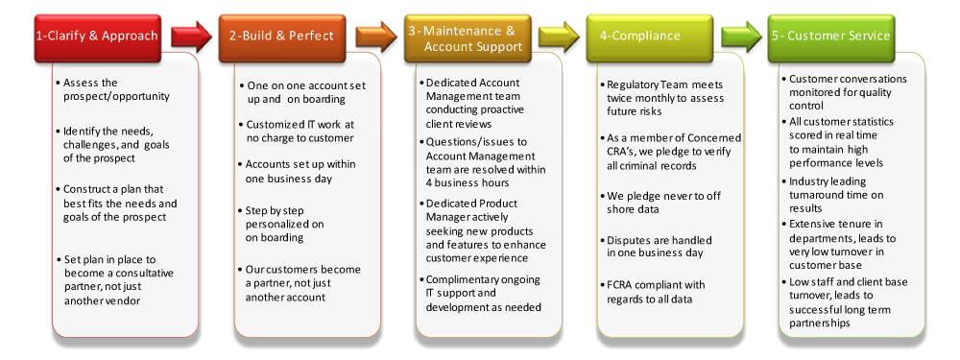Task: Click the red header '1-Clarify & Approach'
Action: click(96, 36)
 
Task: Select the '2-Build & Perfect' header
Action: click(281, 36)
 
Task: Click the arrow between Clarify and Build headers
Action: click(189, 36)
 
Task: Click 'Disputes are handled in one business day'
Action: click(659, 247)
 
